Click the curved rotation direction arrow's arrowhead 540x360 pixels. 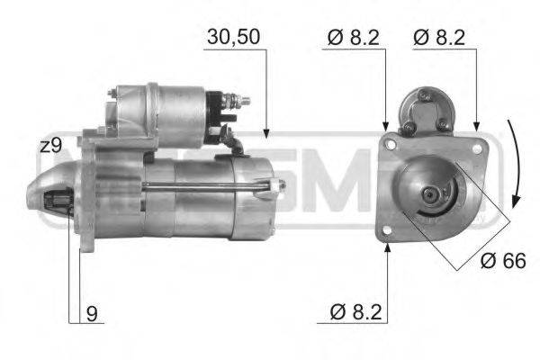(514, 200)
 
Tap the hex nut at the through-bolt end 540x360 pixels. (272, 187)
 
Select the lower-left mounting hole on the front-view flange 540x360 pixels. (387, 231)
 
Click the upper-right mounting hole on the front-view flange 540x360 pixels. (476, 144)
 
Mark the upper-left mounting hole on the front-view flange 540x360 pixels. (391, 141)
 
